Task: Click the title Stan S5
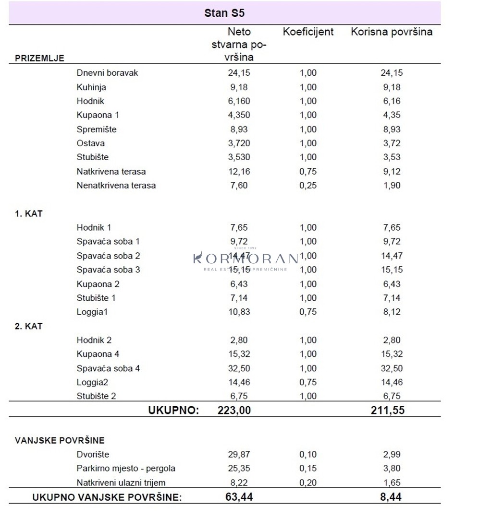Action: click(x=224, y=13)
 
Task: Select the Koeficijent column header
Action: click(x=308, y=32)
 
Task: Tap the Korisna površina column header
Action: click(x=392, y=32)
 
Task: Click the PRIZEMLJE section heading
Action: click(x=39, y=59)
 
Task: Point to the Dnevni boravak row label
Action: click(x=107, y=73)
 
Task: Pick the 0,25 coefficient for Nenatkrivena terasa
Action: click(x=308, y=185)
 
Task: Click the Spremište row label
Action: click(x=96, y=129)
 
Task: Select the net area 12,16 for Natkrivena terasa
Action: click(x=239, y=171)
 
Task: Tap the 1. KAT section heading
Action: click(x=29, y=214)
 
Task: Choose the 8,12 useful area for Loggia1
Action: click(x=391, y=312)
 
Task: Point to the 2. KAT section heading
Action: click(x=29, y=326)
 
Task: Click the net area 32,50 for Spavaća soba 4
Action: click(x=239, y=368)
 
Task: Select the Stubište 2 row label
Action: click(x=96, y=396)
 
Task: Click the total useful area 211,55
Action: click(x=388, y=410)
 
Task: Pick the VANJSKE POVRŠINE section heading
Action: click(x=60, y=440)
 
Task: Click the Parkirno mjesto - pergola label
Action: click(x=126, y=468)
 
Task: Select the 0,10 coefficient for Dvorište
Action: click(x=308, y=454)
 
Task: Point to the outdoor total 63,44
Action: click(x=239, y=497)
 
